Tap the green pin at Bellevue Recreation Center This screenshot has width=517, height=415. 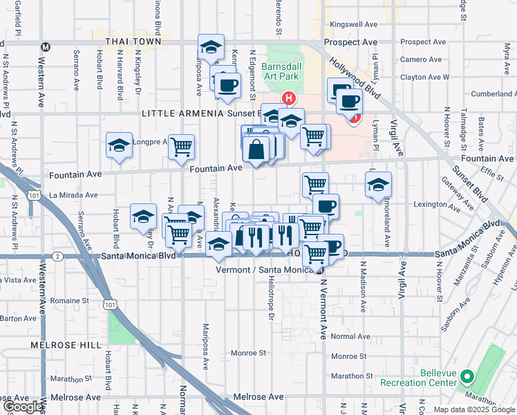(x=467, y=378)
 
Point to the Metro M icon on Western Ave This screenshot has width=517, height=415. (x=46, y=48)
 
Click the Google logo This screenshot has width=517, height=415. (x=22, y=407)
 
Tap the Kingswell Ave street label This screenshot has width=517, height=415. (x=355, y=24)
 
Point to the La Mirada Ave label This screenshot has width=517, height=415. (x=73, y=196)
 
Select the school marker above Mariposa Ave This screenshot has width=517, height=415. (x=211, y=48)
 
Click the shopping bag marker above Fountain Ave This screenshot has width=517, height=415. (x=256, y=149)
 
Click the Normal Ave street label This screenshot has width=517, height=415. (x=346, y=336)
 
